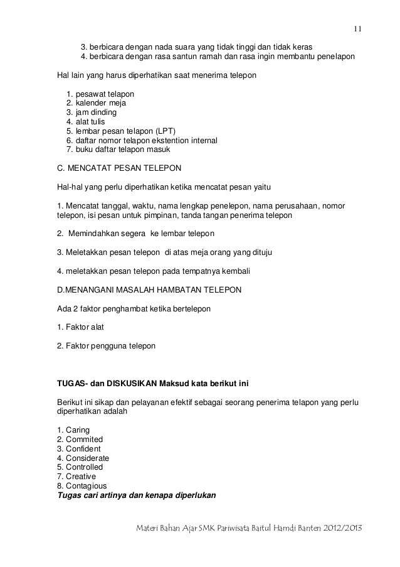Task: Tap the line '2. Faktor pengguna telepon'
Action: point(106,345)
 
